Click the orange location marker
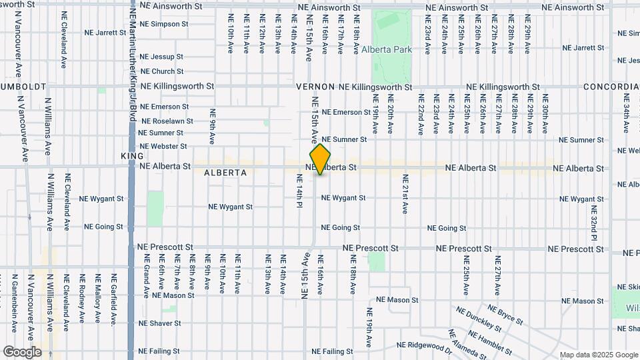[x=321, y=159]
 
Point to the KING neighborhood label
[x=132, y=155]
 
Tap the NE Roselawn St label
[x=165, y=121]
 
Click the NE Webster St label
[x=163, y=146]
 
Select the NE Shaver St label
[x=159, y=323]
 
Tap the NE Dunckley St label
[x=479, y=319]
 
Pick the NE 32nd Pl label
[x=594, y=219]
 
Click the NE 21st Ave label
[x=405, y=194]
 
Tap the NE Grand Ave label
[x=145, y=280]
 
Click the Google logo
[x=22, y=352]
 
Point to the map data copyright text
[x=599, y=355]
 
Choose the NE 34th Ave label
[x=626, y=113]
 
